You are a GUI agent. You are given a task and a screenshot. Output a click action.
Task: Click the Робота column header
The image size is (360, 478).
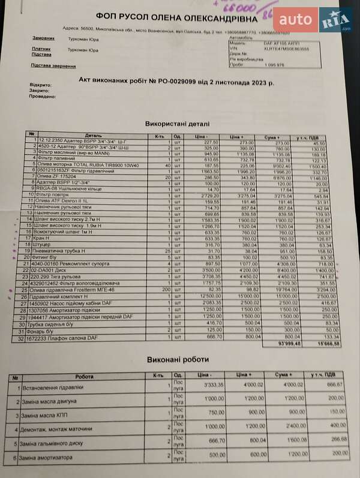[x=84, y=377]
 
